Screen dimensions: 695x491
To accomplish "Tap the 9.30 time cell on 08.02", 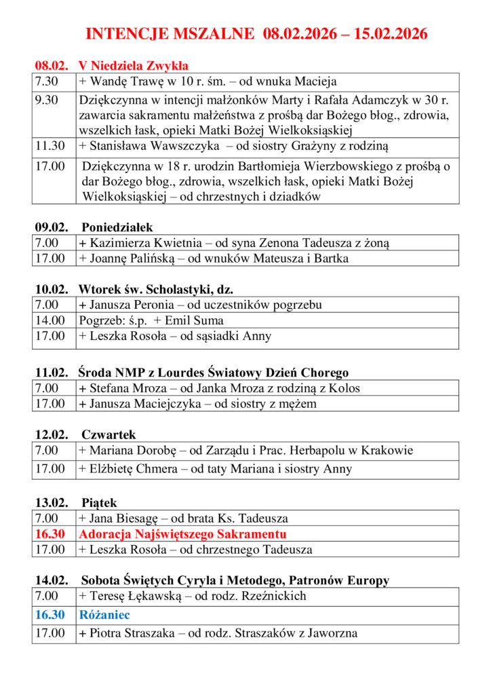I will pyautogui.click(x=47, y=100).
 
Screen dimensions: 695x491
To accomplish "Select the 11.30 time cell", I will pyautogui.click(x=50, y=145).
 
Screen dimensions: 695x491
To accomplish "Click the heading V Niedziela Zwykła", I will pyautogui.click(x=134, y=66).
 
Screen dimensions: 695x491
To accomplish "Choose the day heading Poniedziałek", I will pyautogui.click(x=117, y=227).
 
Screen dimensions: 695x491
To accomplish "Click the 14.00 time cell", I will pyautogui.click(x=50, y=320).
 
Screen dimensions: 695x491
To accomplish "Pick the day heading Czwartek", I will pyautogui.click(x=109, y=434).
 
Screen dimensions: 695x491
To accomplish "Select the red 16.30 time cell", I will pyautogui.click(x=50, y=533).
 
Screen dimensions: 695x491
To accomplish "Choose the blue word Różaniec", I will pyautogui.click(x=104, y=615).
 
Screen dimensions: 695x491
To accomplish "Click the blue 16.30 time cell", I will pyautogui.click(x=50, y=615).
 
